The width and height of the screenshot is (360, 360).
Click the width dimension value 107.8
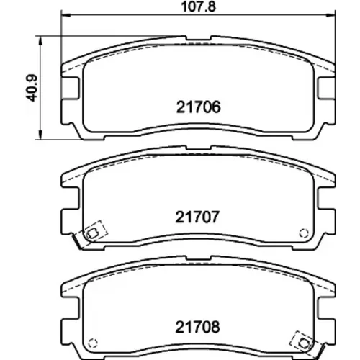199,6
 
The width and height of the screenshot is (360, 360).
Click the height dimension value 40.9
31,88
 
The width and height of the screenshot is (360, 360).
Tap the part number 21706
198,107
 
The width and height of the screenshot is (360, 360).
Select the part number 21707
197,217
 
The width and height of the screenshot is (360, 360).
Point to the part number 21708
197,327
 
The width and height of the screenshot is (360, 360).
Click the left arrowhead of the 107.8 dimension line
66,15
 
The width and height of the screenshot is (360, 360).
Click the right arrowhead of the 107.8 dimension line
330,15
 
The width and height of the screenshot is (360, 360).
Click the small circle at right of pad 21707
304,233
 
